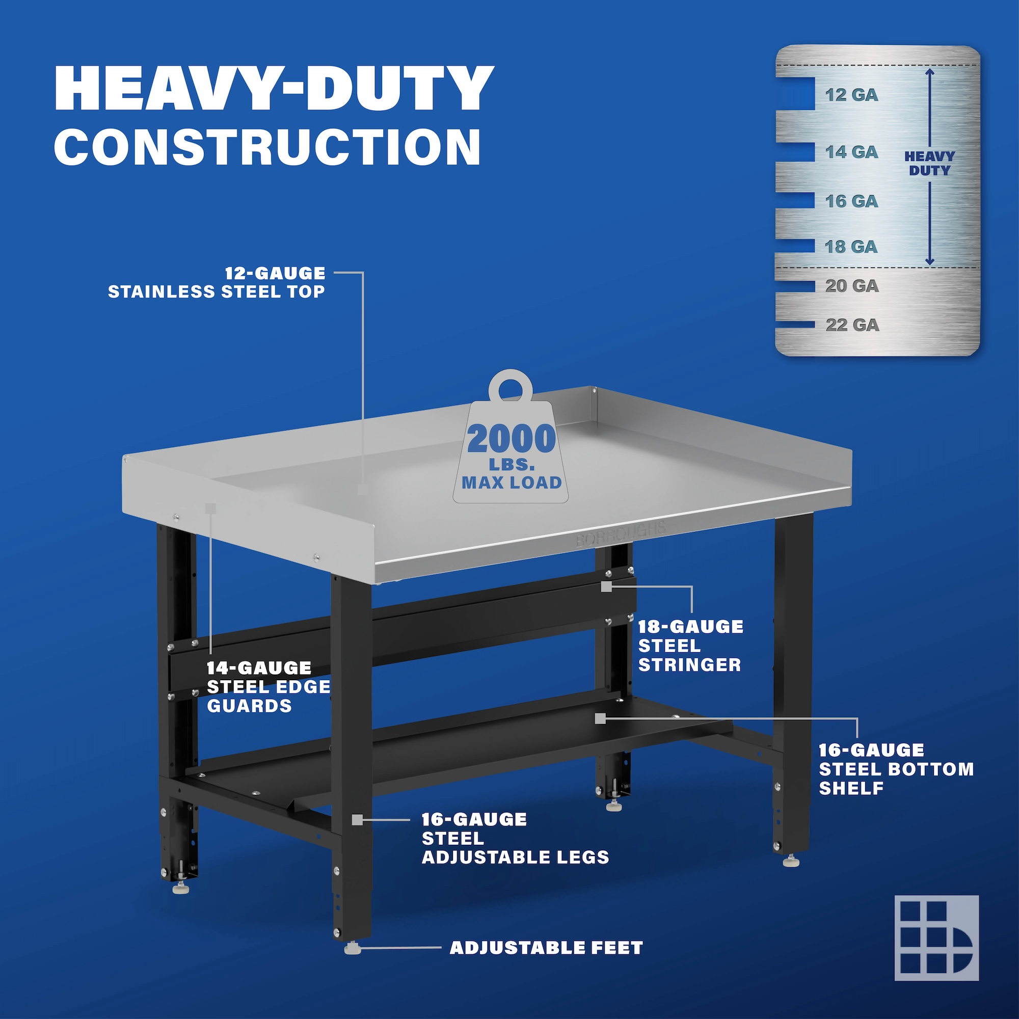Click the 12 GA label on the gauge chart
(852, 95)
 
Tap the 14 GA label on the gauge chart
(852, 152)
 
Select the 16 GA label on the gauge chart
(852, 201)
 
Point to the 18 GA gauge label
(851, 246)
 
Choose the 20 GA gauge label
(852, 286)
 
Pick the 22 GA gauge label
(852, 325)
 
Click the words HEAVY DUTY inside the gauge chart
(929, 164)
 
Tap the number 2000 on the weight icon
(511, 439)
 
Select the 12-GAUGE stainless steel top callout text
(217, 282)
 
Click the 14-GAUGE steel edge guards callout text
(269, 687)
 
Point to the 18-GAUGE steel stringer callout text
(690, 646)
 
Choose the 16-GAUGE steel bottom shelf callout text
(896, 769)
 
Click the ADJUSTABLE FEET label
(546, 948)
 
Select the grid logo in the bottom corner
(936, 938)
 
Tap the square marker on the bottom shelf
(600, 719)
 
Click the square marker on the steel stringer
(606, 586)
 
